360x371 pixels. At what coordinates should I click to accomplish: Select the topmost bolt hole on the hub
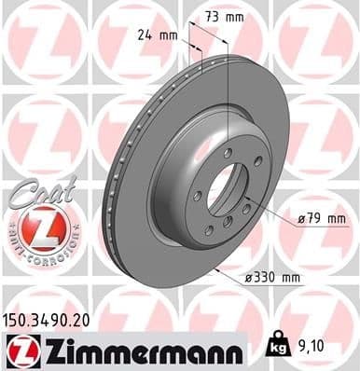coord(227,152)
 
